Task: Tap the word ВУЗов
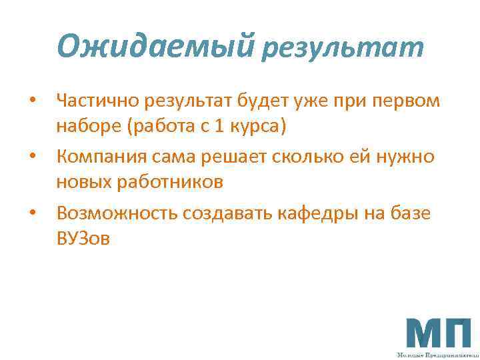tap(83, 238)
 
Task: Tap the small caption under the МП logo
tap(438, 355)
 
